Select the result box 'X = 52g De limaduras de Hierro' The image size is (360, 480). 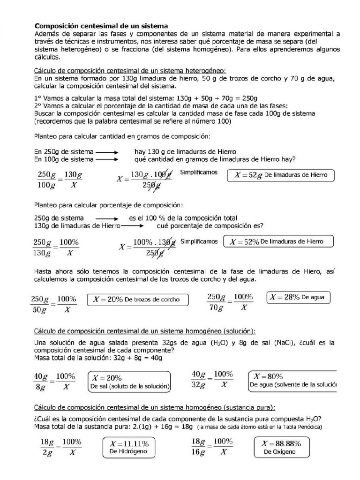(281, 175)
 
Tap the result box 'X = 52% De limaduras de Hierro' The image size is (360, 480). (279, 242)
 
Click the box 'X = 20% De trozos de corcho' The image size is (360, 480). (137, 300)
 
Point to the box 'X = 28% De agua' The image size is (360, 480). (298, 298)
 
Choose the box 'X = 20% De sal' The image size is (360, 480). (129, 382)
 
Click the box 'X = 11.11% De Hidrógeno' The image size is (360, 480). (129, 447)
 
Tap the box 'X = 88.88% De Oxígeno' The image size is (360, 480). (282, 447)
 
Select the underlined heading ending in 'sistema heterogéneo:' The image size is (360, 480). (130, 71)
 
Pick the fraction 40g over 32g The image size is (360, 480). (199, 380)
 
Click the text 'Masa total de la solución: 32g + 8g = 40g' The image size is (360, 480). (98, 358)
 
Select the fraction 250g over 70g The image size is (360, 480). (217, 303)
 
